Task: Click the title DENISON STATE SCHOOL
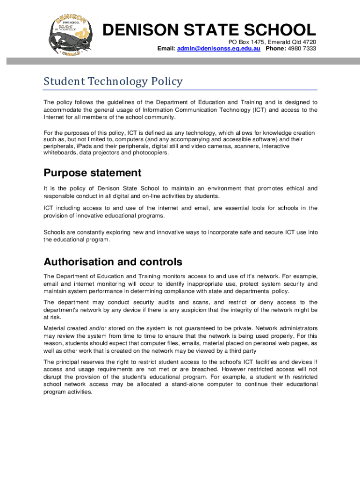[209, 30]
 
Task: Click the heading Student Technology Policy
[113, 81]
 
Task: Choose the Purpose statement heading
[92, 173]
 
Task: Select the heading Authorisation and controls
[113, 261]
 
